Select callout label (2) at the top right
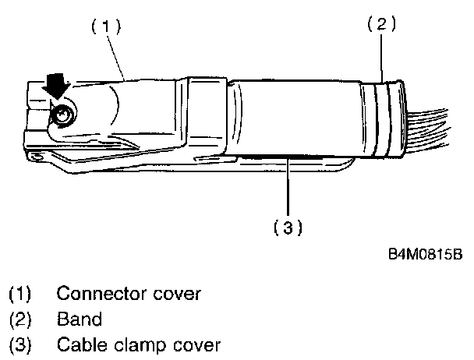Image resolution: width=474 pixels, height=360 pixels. (381, 24)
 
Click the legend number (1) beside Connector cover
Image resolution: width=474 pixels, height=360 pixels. (19, 295)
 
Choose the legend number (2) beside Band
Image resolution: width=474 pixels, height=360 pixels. (19, 319)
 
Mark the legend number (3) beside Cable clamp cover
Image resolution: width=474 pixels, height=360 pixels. (19, 344)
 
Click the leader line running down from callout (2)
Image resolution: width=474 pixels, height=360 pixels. (382, 55)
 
